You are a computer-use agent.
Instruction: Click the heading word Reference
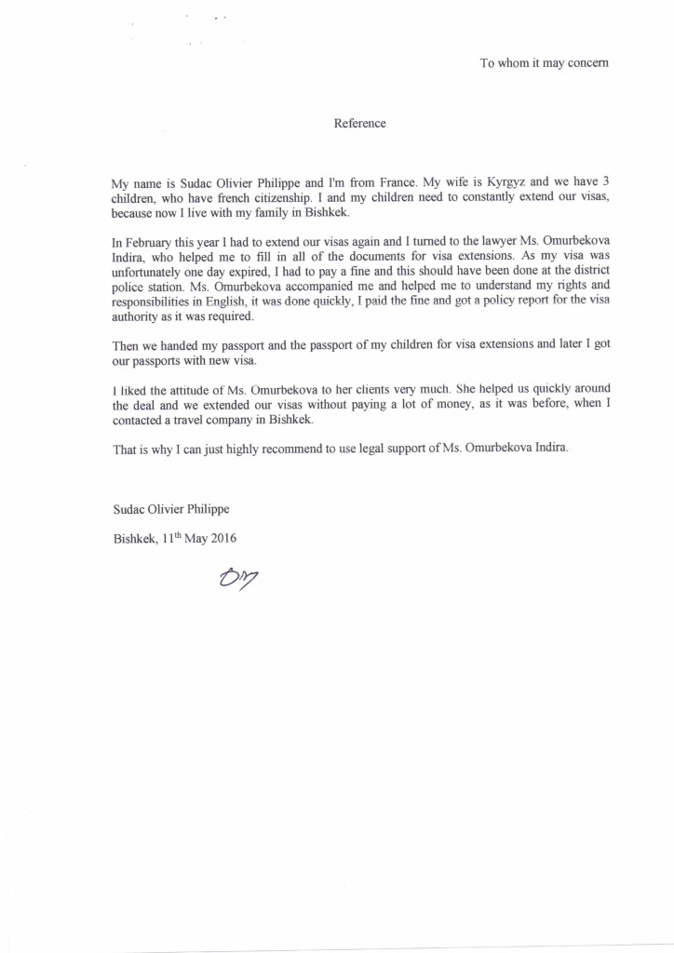[359, 123]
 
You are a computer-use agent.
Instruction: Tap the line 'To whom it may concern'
[544, 63]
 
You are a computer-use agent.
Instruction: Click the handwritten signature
[236, 579]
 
